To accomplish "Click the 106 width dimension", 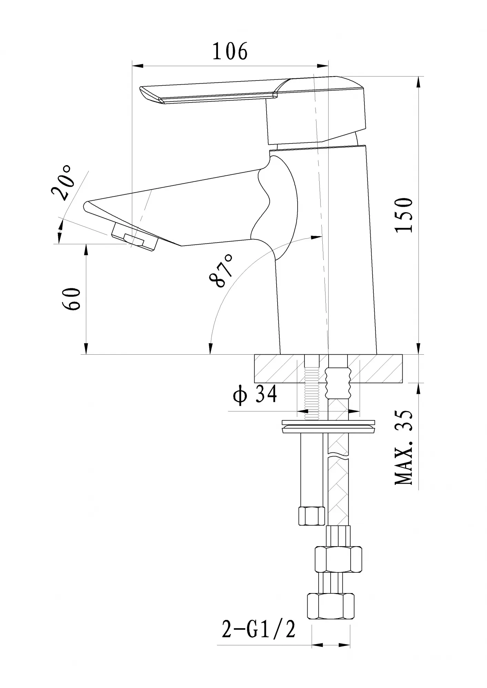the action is click(x=230, y=52).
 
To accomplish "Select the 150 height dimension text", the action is click(x=404, y=215).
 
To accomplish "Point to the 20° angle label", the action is click(x=62, y=183).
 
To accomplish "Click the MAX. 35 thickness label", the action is click(x=404, y=448).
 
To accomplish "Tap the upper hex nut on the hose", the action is click(x=339, y=559).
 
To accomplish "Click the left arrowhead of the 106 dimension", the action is click(x=137, y=65).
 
